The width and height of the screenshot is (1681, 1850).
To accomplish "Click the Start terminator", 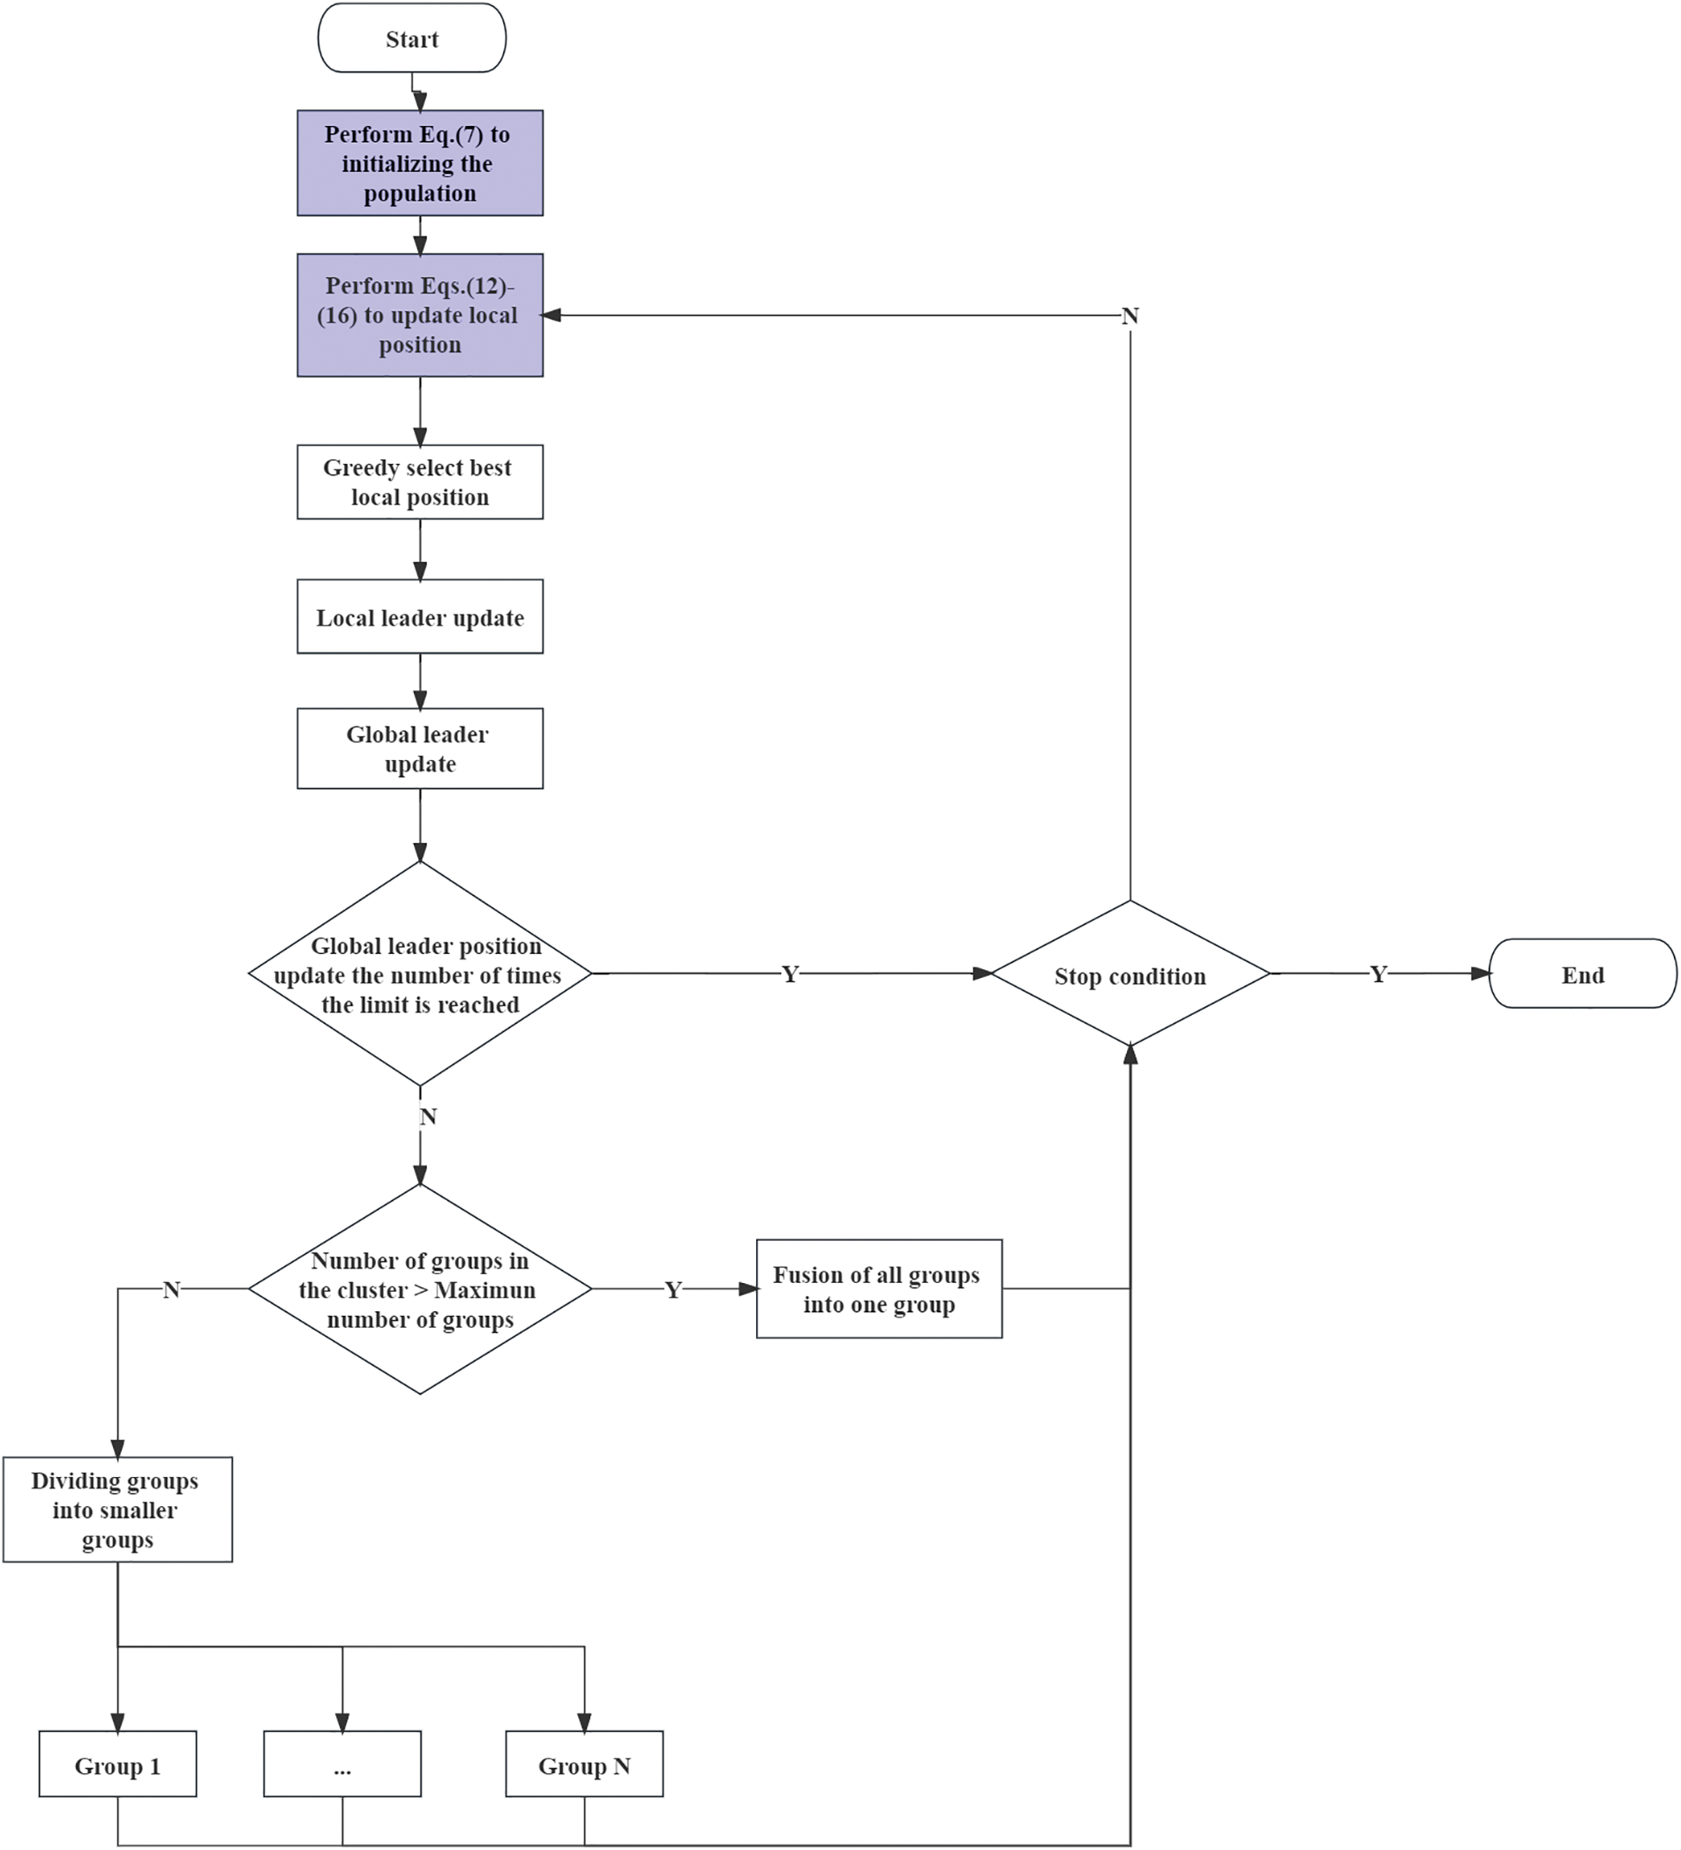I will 411,39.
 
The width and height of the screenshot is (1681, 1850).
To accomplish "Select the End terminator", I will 1582,974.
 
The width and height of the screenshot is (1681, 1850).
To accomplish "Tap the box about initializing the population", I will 419,163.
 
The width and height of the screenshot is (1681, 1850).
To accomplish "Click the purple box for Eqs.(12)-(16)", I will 419,315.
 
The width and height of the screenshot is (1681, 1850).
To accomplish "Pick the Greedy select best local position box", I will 419,481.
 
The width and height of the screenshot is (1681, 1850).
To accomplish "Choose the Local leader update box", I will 419,616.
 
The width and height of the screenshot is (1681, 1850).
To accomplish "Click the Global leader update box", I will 419,749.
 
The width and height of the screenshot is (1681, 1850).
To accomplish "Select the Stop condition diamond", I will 1129,974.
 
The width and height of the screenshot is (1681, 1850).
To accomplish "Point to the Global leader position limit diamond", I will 419,974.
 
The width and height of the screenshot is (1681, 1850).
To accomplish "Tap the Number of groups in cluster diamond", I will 419,1289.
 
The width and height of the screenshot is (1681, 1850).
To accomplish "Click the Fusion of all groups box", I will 879,1289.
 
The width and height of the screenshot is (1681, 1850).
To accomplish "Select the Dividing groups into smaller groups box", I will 117,1510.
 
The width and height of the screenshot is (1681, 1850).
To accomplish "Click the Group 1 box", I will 117,1765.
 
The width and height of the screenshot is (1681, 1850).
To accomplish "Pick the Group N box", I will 584,1765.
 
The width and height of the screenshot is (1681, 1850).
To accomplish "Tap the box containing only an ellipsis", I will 341,1765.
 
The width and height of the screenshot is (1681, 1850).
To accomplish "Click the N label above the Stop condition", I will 1129,316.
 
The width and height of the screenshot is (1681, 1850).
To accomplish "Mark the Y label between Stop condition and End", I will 1377,974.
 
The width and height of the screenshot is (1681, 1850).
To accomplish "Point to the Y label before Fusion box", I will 673,1290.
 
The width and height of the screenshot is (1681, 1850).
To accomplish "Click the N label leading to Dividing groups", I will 171,1289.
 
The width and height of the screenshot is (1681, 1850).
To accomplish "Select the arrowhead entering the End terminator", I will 1480,973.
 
